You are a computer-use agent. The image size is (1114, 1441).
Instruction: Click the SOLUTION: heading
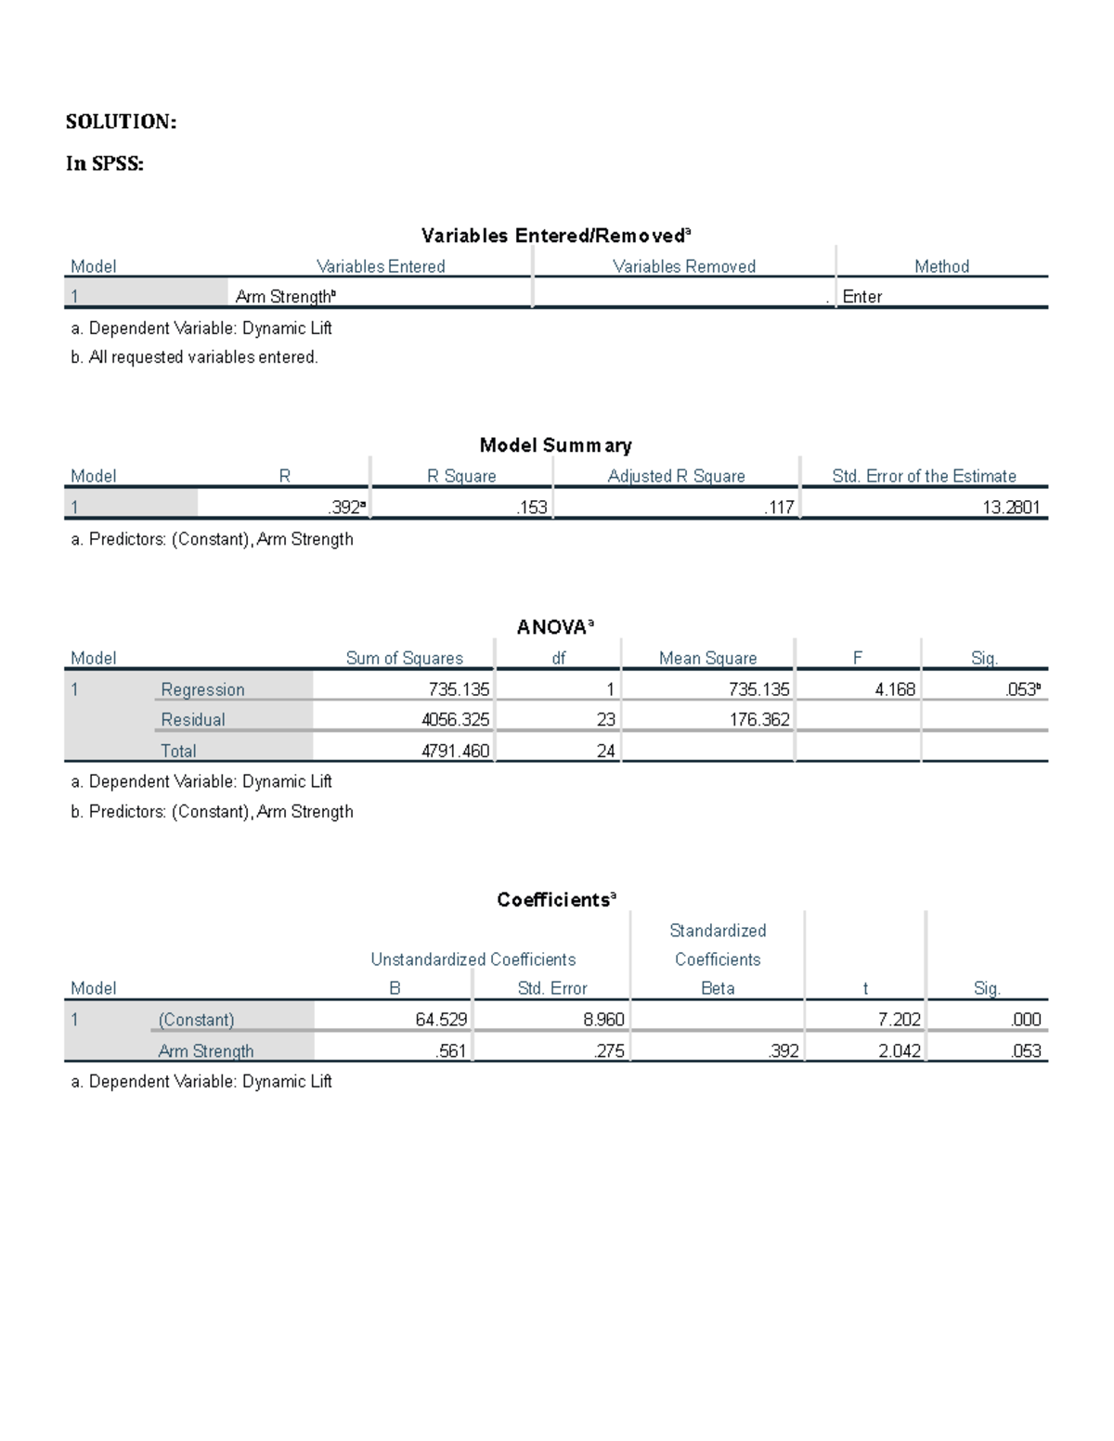pyautogui.click(x=121, y=122)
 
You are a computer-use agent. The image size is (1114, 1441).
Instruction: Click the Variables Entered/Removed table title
pyautogui.click(x=555, y=236)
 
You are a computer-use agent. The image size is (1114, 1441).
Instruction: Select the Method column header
pyautogui.click(x=941, y=266)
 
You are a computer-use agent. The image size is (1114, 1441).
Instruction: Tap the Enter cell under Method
pyautogui.click(x=862, y=297)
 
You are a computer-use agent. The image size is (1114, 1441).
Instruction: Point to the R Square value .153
pyautogui.click(x=532, y=508)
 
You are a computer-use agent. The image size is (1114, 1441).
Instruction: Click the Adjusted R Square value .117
pyautogui.click(x=779, y=508)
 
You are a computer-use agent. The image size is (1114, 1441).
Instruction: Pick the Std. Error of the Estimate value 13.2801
pyautogui.click(x=1011, y=508)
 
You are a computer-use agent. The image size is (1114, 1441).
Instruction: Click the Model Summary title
pyautogui.click(x=555, y=445)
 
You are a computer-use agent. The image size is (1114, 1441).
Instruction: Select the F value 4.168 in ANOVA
pyautogui.click(x=895, y=689)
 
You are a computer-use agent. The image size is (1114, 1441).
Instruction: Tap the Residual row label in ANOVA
pyautogui.click(x=193, y=720)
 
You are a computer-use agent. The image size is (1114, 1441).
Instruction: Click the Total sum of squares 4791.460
pyautogui.click(x=455, y=751)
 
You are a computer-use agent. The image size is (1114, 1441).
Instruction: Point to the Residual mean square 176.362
pyautogui.click(x=758, y=720)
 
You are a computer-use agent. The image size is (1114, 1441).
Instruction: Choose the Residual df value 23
pyautogui.click(x=605, y=720)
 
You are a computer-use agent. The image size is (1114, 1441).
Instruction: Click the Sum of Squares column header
pyautogui.click(x=404, y=658)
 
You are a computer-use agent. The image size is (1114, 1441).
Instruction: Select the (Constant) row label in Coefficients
pyautogui.click(x=196, y=1020)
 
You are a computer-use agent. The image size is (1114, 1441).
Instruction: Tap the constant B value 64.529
pyautogui.click(x=441, y=1020)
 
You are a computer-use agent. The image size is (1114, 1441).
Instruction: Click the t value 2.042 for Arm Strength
pyautogui.click(x=899, y=1051)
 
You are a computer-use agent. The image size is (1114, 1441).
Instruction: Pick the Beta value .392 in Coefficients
pyautogui.click(x=784, y=1051)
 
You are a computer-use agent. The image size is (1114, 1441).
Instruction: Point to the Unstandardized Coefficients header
pyautogui.click(x=473, y=959)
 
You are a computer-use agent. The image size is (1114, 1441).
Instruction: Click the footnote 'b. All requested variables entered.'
pyautogui.click(x=194, y=357)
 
